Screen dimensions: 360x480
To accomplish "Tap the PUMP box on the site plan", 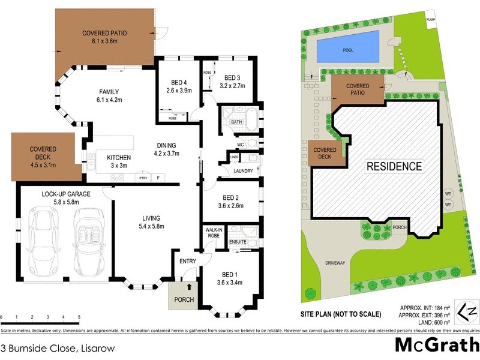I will (430, 20).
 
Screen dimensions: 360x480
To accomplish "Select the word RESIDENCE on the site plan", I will (394, 166).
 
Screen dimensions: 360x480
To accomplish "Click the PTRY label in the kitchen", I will (143, 178).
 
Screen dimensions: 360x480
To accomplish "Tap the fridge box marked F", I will (158, 178).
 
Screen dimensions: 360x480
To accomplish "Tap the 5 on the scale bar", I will (79, 317).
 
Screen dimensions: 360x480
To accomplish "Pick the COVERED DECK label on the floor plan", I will (44, 154).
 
